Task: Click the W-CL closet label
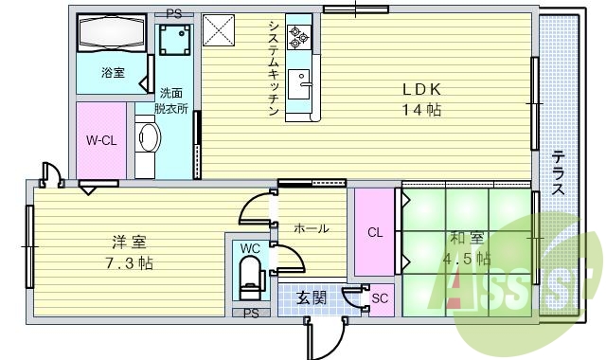pyautogui.click(x=99, y=140)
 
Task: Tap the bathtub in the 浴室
pyautogui.click(x=111, y=36)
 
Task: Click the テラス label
pyautogui.click(x=559, y=171)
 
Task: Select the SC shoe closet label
pyautogui.click(x=380, y=299)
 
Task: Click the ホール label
pyautogui.click(x=311, y=228)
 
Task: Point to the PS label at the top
pyautogui.click(x=173, y=13)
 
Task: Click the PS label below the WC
pyautogui.click(x=250, y=313)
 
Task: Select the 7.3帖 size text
pyautogui.click(x=132, y=261)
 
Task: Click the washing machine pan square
pyautogui.click(x=175, y=41)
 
